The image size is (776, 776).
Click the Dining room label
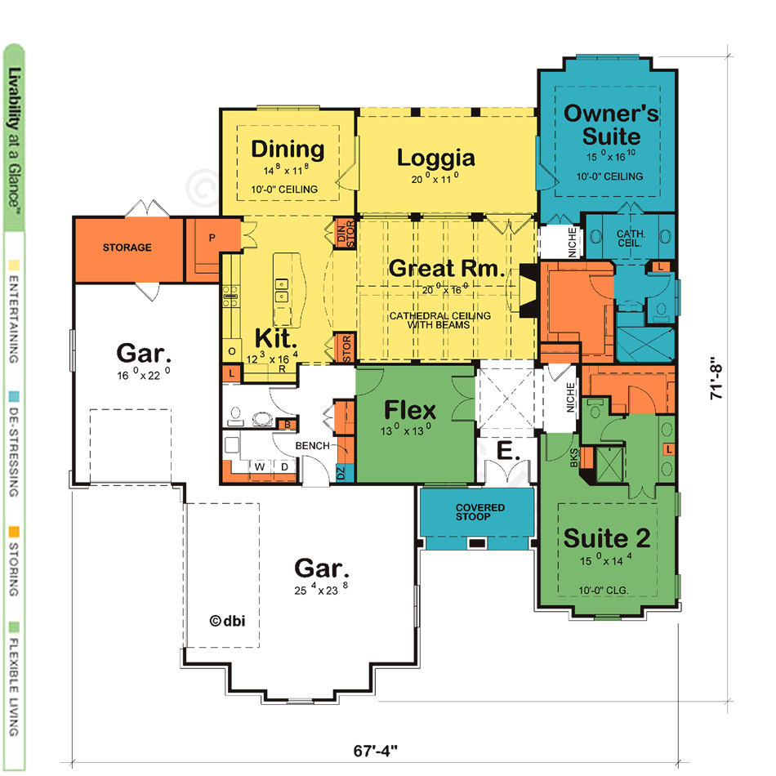(288, 149)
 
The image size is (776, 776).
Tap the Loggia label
(436, 157)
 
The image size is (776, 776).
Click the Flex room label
(411, 409)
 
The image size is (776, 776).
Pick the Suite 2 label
(607, 538)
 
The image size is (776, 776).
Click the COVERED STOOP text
(480, 513)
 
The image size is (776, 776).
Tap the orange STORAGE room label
(127, 248)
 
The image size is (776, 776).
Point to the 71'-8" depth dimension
(718, 377)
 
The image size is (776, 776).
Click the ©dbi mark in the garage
(227, 620)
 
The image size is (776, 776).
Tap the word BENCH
(313, 446)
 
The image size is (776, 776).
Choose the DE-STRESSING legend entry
(13, 445)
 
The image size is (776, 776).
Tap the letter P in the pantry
(212, 239)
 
